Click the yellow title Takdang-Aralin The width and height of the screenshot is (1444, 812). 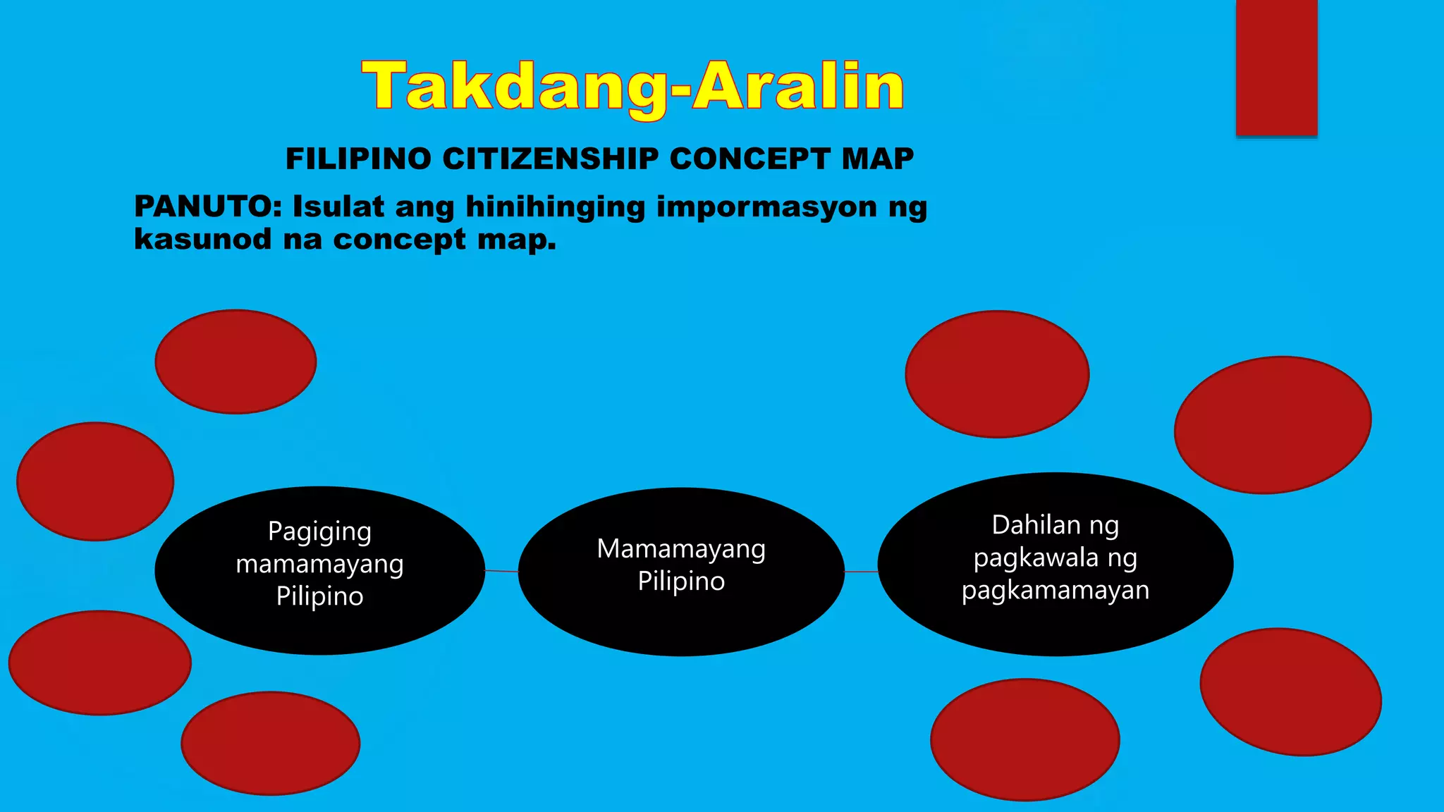(632, 86)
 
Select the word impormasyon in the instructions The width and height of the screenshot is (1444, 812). (766, 207)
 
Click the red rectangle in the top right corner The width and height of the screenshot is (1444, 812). (1276, 67)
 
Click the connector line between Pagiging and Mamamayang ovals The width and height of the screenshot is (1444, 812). (501, 571)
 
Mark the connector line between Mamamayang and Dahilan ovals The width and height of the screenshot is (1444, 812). (861, 572)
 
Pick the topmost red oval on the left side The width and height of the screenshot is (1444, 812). (235, 362)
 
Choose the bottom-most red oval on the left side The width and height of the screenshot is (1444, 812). (271, 743)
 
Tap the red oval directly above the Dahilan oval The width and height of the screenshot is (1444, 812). (997, 374)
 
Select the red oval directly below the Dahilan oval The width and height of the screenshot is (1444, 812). (1024, 739)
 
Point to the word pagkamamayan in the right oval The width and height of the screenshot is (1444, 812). (1055, 591)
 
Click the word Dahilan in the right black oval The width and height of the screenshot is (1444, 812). (1026, 526)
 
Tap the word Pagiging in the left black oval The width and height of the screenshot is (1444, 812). (319, 532)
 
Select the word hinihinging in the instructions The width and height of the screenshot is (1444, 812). (555, 207)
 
